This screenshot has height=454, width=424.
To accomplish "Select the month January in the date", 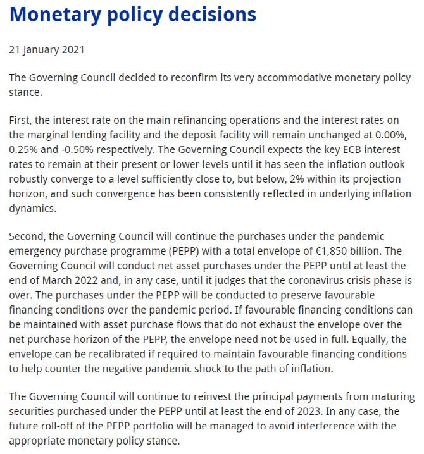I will click(43, 49).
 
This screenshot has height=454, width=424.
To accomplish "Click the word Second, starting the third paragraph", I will click(27, 236).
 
